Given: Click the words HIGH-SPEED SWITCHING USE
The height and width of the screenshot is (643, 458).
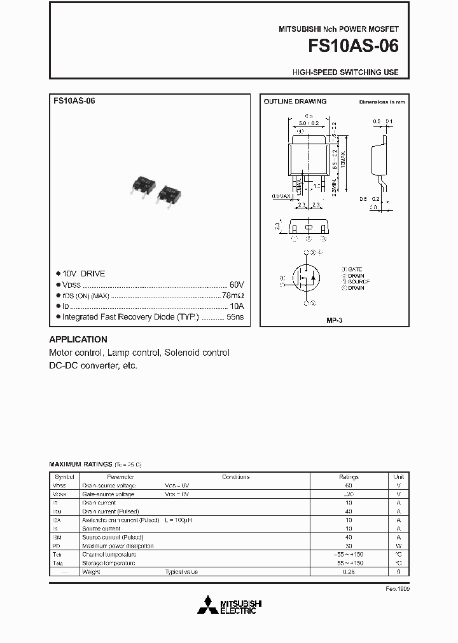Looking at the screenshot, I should click(x=345, y=72).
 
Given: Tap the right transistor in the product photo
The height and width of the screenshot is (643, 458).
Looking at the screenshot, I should click(x=170, y=192).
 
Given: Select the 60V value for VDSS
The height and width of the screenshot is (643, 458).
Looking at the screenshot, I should click(x=236, y=284).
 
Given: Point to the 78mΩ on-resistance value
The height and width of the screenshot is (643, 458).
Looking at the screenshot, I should click(x=232, y=295).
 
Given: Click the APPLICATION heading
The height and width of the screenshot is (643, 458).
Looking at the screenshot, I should click(x=78, y=339).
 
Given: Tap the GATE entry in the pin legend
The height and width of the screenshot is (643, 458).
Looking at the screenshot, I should click(x=354, y=269).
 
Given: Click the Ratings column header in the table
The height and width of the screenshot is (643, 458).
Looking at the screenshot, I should click(x=349, y=477).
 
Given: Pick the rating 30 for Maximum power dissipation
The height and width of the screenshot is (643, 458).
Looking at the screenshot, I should click(x=349, y=546).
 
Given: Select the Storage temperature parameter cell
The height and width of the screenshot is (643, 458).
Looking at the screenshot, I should click(x=108, y=563).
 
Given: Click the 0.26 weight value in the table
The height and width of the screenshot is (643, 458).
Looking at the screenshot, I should click(x=349, y=572).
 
